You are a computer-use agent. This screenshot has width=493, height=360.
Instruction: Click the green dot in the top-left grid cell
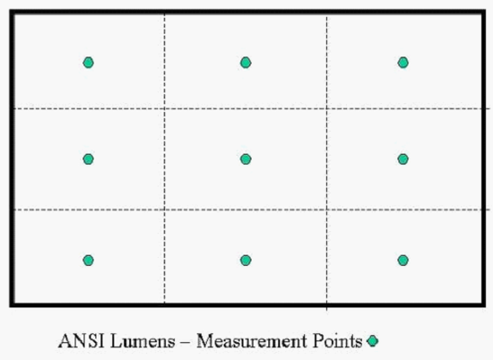(x=89, y=63)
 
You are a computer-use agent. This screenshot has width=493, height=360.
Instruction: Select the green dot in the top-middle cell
(x=246, y=63)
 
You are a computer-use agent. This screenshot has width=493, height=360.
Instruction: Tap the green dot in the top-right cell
(x=403, y=63)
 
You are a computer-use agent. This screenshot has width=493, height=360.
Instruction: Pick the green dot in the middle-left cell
(x=89, y=159)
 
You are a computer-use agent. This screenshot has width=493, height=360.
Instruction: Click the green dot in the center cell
(x=246, y=159)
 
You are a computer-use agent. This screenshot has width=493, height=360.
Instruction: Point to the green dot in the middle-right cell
(x=403, y=159)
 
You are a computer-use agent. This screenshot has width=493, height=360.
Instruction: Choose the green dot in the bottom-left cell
(x=89, y=261)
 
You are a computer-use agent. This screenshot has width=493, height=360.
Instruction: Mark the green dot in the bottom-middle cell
(x=246, y=261)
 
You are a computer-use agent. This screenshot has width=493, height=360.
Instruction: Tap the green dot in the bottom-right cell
(x=403, y=261)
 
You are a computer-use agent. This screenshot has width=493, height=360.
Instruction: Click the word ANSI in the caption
(x=82, y=341)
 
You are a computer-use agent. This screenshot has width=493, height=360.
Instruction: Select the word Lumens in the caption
(x=143, y=341)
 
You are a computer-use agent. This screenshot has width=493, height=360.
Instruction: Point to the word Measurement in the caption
(x=252, y=341)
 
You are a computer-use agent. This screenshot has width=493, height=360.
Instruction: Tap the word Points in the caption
(x=337, y=341)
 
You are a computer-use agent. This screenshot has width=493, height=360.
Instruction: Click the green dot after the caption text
(x=373, y=341)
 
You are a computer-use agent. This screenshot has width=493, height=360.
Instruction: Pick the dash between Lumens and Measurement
(x=186, y=342)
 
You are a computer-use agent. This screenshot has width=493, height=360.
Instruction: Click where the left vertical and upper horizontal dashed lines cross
(x=164, y=108)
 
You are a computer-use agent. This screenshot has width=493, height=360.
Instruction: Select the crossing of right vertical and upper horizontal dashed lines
(x=327, y=108)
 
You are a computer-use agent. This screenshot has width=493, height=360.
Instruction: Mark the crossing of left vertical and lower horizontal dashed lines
(x=164, y=210)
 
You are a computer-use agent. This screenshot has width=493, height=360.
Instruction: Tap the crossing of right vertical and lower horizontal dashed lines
(x=327, y=210)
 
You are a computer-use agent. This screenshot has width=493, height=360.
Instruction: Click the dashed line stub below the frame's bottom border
(x=327, y=309)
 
